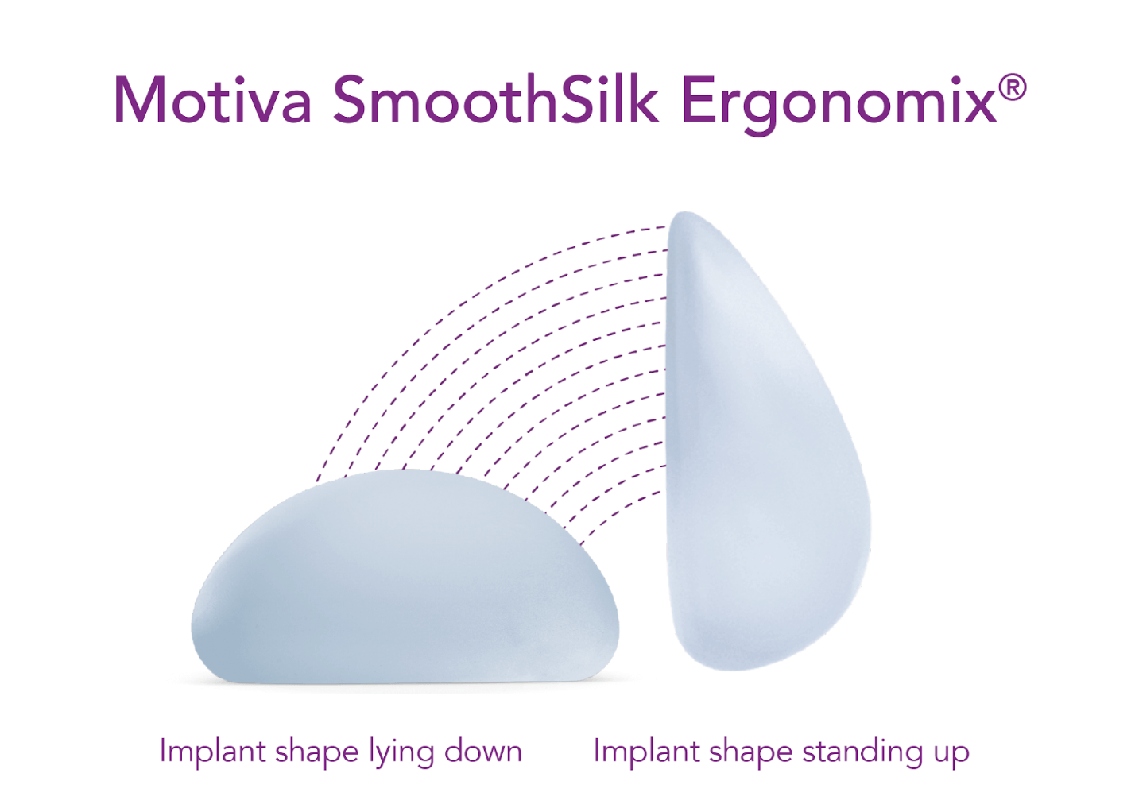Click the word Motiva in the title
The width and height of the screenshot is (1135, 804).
212,100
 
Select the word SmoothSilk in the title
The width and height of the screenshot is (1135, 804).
496,99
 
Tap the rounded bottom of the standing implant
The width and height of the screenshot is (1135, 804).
730,667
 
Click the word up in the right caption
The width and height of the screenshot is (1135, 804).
951,756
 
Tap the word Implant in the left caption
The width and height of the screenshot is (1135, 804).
211,753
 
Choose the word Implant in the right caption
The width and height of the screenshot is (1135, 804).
645,753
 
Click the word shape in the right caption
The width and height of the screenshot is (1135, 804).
750,754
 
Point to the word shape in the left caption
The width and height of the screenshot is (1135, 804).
316,754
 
